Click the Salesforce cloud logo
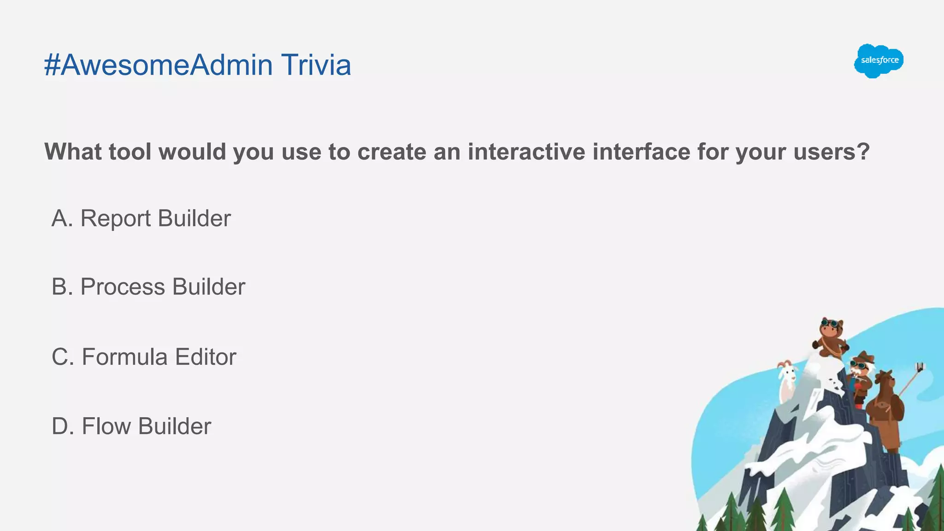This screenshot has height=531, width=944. click(x=879, y=61)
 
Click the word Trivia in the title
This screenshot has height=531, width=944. click(x=316, y=65)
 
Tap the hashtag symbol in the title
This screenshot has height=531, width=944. click(x=52, y=65)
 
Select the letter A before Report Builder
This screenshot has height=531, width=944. click(x=61, y=218)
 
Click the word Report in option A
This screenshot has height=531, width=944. click(x=115, y=218)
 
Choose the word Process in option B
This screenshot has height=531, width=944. click(x=123, y=287)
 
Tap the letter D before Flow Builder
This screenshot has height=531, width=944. click(x=62, y=426)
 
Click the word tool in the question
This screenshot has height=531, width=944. click(x=130, y=152)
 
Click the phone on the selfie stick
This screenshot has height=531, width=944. click(x=920, y=367)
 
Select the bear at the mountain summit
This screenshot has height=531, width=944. click(x=831, y=338)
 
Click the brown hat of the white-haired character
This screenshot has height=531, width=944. click(x=863, y=357)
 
